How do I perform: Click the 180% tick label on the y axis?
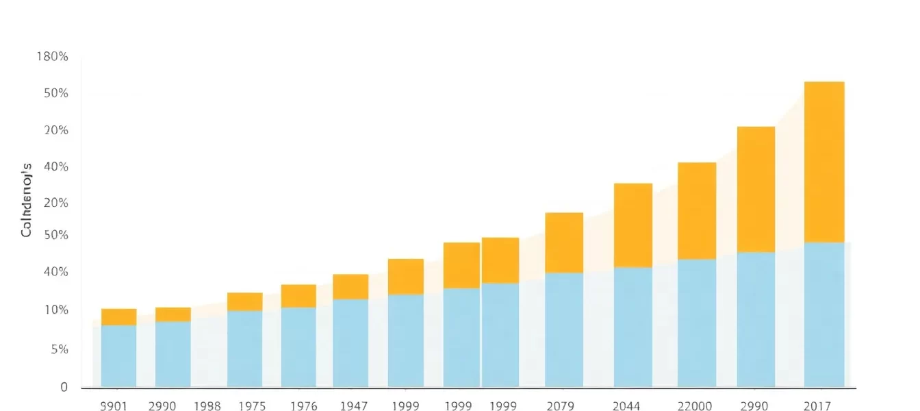[x=52, y=57]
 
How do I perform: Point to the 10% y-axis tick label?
[x=52, y=310]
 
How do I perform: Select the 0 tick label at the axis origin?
[x=64, y=388]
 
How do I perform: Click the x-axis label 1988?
[x=207, y=406]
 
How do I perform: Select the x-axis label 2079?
[x=560, y=406]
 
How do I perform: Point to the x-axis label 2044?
[x=627, y=406]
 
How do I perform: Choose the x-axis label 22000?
[x=694, y=406]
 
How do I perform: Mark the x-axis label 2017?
[x=818, y=406]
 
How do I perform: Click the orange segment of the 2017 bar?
[x=824, y=162]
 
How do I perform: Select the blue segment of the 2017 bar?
[x=824, y=314]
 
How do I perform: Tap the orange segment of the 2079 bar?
[x=564, y=242]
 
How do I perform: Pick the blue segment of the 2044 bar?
[x=632, y=327]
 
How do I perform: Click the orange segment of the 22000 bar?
[x=697, y=211]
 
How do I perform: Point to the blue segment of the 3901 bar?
[x=118, y=356]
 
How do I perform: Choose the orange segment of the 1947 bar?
[x=350, y=286]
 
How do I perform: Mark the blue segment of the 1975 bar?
[x=244, y=349]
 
